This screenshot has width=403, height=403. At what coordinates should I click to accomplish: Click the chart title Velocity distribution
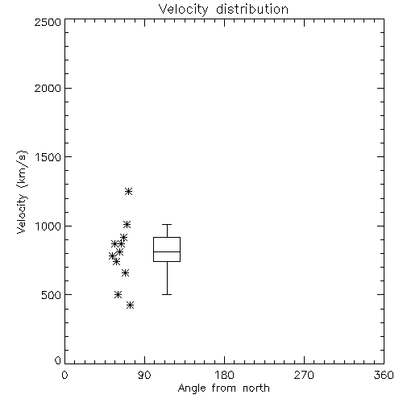click(223, 10)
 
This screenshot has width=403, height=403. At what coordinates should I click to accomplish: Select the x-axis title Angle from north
click(223, 388)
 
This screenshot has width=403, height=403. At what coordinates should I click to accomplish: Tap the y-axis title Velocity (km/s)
click(22, 192)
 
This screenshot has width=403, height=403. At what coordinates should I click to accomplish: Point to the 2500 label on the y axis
click(48, 22)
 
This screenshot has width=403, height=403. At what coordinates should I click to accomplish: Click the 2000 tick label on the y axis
click(48, 88)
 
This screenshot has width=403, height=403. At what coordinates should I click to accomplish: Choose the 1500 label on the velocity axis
click(48, 157)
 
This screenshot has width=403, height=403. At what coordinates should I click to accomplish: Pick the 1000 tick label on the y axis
click(48, 226)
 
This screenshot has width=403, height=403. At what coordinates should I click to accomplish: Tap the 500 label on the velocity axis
click(52, 295)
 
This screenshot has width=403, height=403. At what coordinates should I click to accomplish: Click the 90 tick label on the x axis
click(144, 375)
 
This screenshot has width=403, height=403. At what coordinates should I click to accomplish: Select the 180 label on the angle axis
click(224, 375)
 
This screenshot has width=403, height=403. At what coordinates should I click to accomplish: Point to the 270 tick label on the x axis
click(304, 375)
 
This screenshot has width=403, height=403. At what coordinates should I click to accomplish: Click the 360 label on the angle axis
click(384, 375)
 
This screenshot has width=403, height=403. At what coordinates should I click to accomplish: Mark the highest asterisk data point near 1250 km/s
click(128, 191)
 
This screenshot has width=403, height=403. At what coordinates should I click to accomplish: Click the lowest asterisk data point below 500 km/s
click(130, 305)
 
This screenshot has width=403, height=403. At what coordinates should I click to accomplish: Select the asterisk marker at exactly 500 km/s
click(118, 294)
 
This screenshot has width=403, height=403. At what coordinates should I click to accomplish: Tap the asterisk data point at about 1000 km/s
click(127, 224)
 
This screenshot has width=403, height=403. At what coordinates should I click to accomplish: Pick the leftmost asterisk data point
click(112, 256)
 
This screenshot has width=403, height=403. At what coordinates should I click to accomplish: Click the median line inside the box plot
click(167, 251)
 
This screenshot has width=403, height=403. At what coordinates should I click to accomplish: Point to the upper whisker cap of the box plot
click(167, 224)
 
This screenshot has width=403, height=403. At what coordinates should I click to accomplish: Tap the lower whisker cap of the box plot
click(167, 295)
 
